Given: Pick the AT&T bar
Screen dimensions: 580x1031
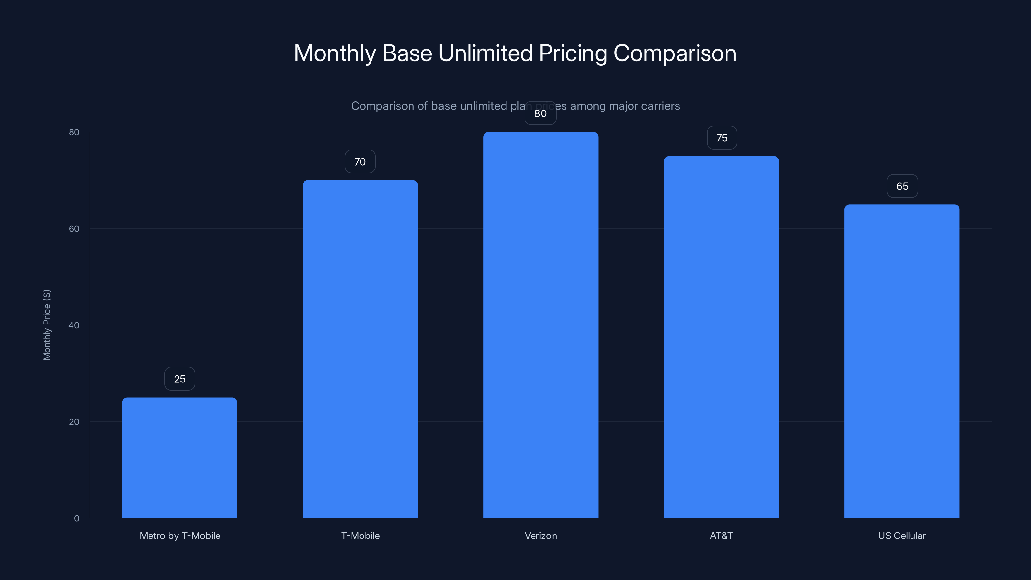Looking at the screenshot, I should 721,337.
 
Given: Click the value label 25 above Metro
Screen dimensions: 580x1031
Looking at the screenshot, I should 179,379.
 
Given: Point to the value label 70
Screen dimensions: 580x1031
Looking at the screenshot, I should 360,162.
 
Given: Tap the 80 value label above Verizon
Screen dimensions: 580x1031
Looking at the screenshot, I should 540,113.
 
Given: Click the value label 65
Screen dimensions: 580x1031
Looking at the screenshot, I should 902,186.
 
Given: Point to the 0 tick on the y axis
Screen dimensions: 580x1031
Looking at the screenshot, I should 76,518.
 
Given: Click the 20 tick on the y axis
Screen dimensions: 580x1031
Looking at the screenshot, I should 74,421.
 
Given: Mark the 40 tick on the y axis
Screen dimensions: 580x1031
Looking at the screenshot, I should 74,325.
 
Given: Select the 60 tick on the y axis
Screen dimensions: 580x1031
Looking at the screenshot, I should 74,228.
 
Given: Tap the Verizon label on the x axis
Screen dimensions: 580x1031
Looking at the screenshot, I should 541,536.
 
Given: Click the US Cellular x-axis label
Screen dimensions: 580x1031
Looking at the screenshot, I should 902,536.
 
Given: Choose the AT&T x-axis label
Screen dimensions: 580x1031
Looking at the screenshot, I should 721,536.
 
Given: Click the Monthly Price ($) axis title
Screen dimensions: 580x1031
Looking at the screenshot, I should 47,324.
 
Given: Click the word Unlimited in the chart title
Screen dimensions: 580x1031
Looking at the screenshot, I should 485,53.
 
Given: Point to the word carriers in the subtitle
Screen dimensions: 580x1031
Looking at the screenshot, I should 660,106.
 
